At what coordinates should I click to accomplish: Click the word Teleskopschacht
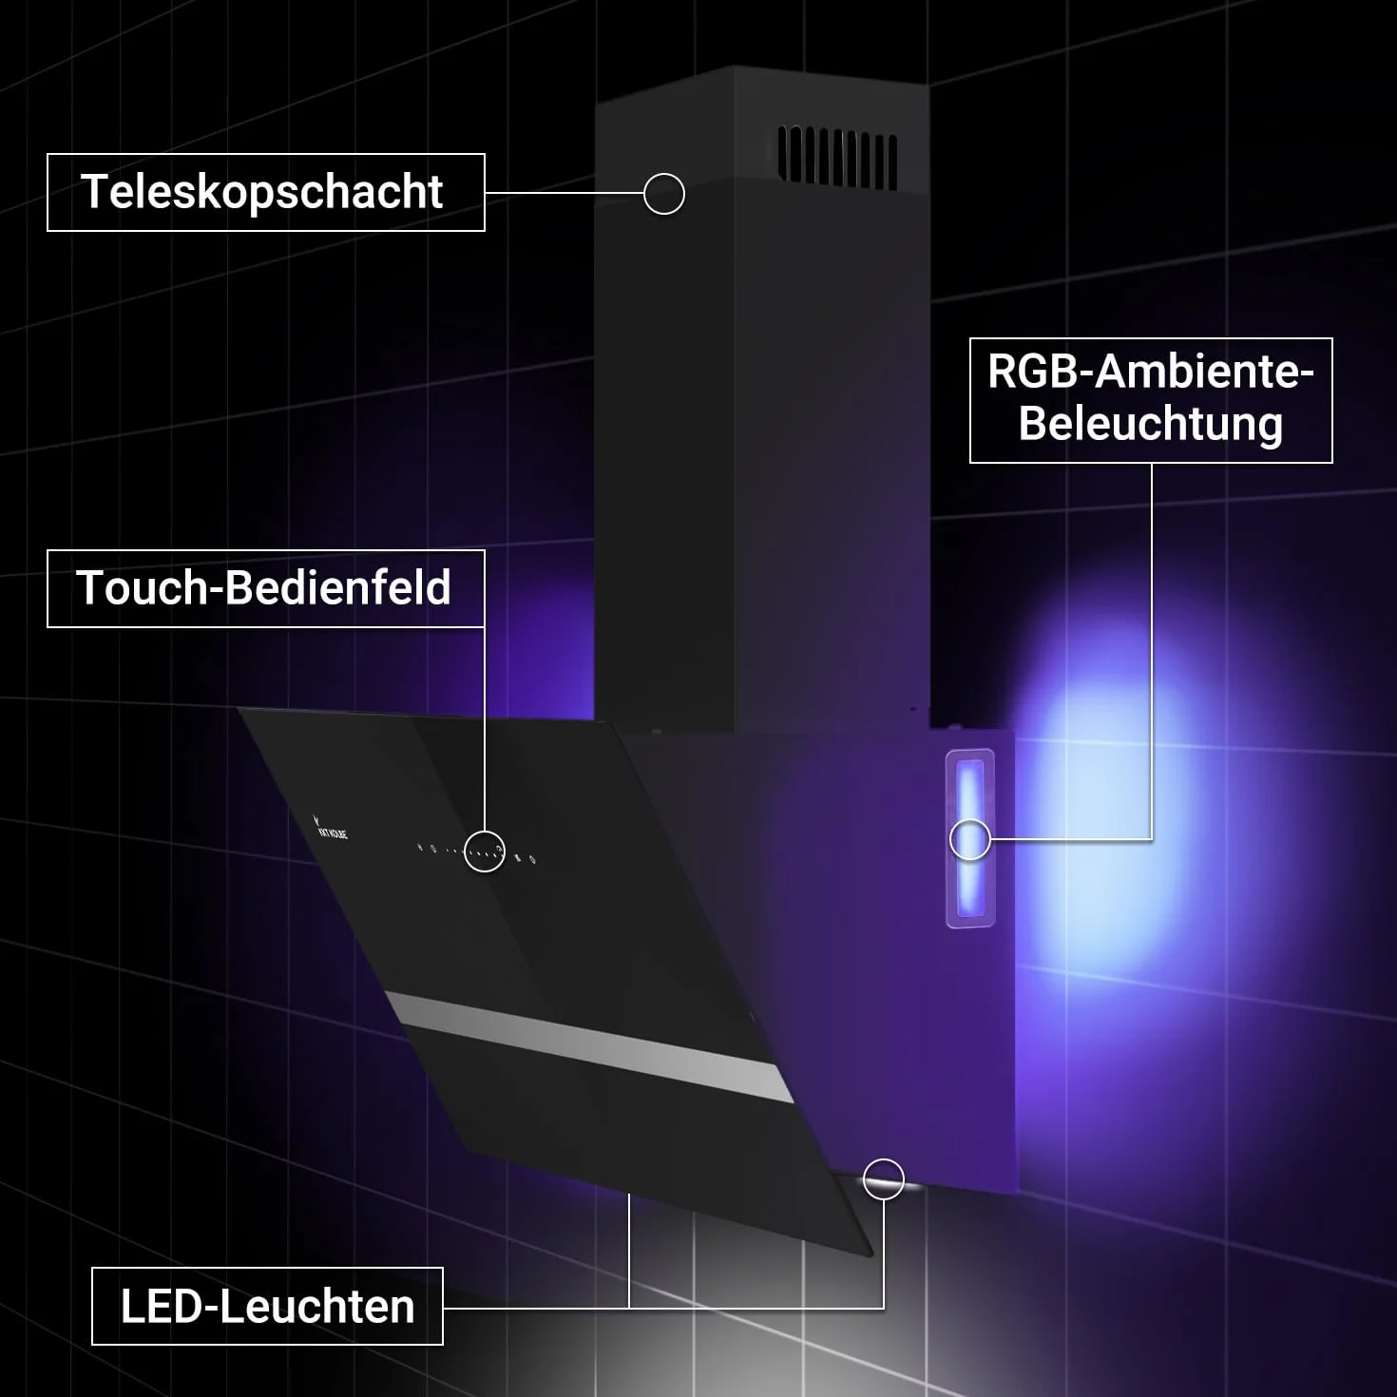[x=261, y=192]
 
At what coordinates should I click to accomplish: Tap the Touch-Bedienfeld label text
[x=264, y=587]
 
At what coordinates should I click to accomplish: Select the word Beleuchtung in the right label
[x=1151, y=424]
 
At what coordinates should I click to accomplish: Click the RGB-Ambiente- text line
[x=1151, y=372]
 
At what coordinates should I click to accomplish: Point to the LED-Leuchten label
[x=267, y=1307]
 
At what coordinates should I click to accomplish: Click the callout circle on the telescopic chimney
[x=664, y=194]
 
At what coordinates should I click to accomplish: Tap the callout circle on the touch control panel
[x=485, y=851]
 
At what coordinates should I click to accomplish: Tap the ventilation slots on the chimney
[x=837, y=158]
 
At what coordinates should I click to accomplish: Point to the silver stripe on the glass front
[x=588, y=1045]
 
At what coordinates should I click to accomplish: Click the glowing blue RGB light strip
[x=969, y=837]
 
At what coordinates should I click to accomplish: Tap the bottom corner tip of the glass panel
[x=871, y=1256]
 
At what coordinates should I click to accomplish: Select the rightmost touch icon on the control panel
[x=532, y=860]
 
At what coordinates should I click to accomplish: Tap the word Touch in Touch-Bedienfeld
[x=142, y=587]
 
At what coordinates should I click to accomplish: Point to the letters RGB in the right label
[x=1033, y=372]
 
